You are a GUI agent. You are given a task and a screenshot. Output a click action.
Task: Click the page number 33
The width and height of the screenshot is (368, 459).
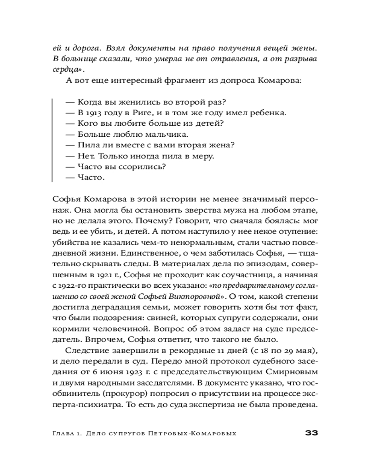[x=312, y=433]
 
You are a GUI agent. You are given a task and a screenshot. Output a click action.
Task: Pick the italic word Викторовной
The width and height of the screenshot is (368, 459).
[x=197, y=296]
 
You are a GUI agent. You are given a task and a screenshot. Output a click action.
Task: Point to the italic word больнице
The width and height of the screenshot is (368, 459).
[x=78, y=59]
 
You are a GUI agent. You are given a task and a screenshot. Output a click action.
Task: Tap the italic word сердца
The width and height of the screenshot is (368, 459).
[x=63, y=70]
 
